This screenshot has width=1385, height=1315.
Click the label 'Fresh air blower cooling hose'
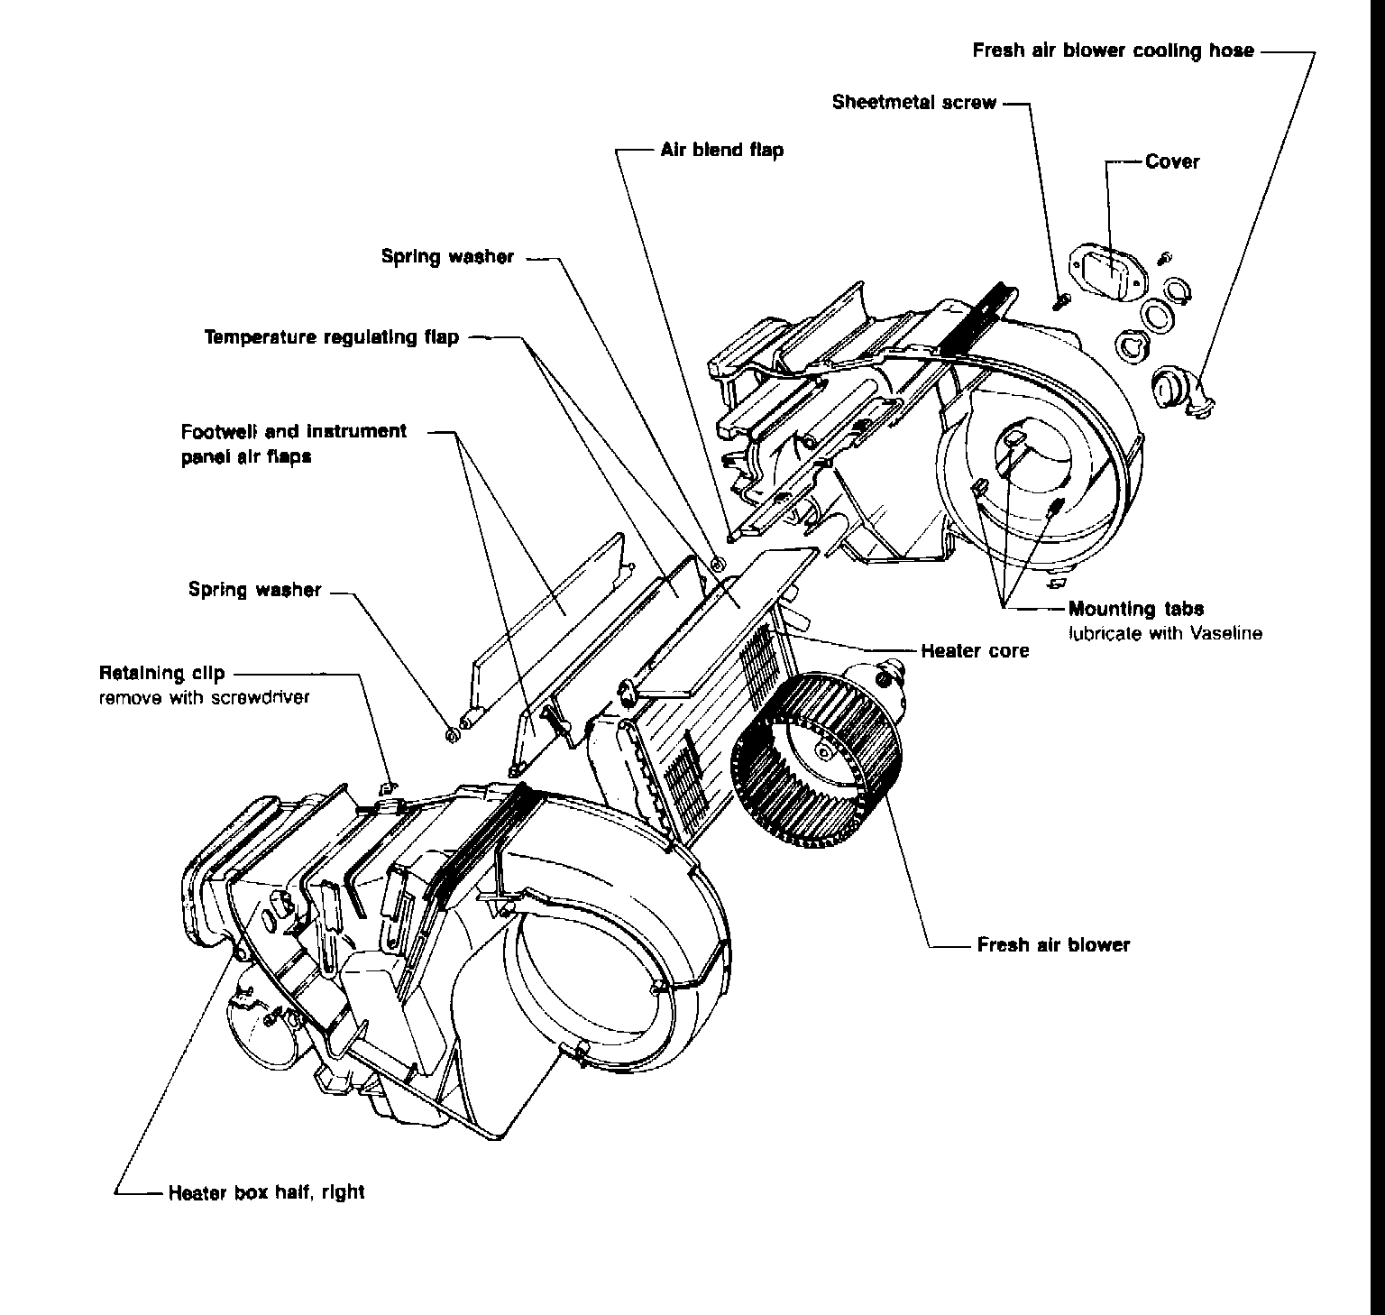[1113, 51]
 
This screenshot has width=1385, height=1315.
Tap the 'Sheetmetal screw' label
[914, 102]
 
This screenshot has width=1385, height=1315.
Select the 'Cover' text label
[1172, 162]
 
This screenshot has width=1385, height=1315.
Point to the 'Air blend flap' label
[721, 150]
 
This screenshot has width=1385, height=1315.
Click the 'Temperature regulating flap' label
[332, 337]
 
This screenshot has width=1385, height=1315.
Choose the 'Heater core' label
[975, 650]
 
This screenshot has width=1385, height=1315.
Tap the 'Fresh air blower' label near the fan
[1053, 945]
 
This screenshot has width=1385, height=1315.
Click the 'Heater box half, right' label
[266, 1192]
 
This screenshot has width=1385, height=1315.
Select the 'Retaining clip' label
[162, 673]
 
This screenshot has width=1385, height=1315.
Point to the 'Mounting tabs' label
[1136, 609]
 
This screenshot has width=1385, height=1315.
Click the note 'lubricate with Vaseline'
[1165, 633]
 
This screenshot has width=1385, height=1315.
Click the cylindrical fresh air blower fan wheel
[816, 759]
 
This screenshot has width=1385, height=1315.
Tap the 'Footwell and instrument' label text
[294, 431]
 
